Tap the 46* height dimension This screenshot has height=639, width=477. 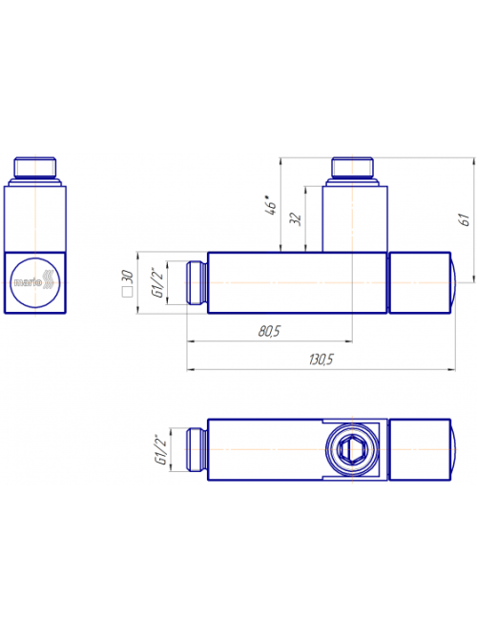[x=270, y=205]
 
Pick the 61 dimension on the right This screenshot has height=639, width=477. [x=465, y=220]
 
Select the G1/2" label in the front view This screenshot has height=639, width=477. [x=158, y=282]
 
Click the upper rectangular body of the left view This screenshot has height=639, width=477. [x=35, y=218]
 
